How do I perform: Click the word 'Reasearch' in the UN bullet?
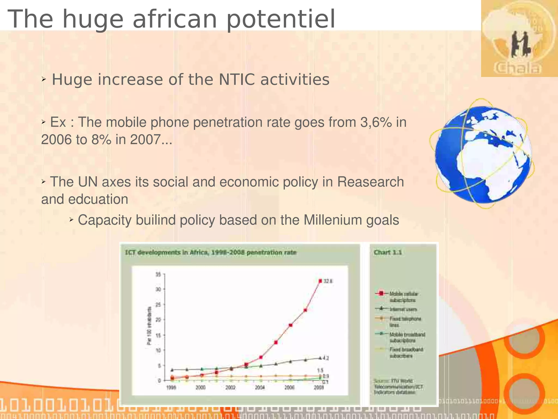pos(370,182)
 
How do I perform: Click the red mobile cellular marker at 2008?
pos(320,281)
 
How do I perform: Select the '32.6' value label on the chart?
pos(328,281)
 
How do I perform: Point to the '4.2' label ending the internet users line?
pos(326,358)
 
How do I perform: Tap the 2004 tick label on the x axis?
pos(260,388)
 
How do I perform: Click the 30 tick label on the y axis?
pos(158,289)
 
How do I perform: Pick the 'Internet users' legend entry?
pos(403,309)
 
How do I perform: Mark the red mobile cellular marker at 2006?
pos(290,325)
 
